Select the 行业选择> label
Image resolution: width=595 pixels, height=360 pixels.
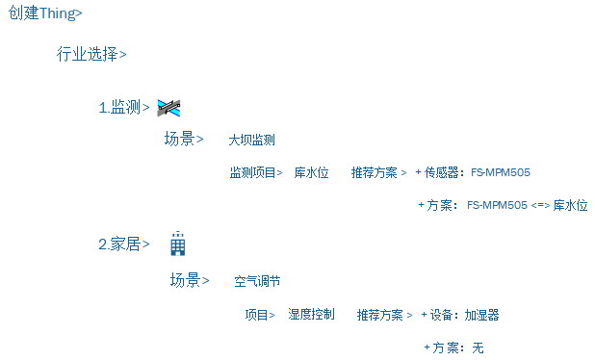click(91, 54)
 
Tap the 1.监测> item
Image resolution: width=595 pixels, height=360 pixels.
click(124, 108)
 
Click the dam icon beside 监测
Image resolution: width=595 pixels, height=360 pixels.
click(168, 107)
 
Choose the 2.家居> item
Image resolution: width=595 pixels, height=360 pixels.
click(124, 244)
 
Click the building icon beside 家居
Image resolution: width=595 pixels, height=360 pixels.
click(177, 244)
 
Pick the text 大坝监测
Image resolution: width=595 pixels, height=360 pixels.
click(251, 141)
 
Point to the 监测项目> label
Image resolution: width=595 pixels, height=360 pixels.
click(255, 173)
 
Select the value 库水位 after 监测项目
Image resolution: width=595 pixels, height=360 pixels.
click(311, 173)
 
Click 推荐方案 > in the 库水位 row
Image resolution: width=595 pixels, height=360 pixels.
click(379, 173)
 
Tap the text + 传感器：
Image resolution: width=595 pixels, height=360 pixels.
click(440, 173)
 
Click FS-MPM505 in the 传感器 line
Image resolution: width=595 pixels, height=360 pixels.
click(501, 173)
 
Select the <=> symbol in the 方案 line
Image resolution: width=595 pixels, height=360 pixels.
click(539, 205)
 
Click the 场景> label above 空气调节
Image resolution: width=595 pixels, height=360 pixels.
click(190, 280)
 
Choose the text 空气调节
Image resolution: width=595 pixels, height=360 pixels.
click(257, 282)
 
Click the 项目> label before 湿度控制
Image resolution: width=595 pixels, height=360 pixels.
click(259, 315)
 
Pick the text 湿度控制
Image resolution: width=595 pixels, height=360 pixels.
click(311, 315)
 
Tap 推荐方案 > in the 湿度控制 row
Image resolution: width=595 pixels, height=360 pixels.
click(384, 315)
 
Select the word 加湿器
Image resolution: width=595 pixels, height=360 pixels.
click(481, 315)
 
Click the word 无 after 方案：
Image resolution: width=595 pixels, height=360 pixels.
click(478, 347)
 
